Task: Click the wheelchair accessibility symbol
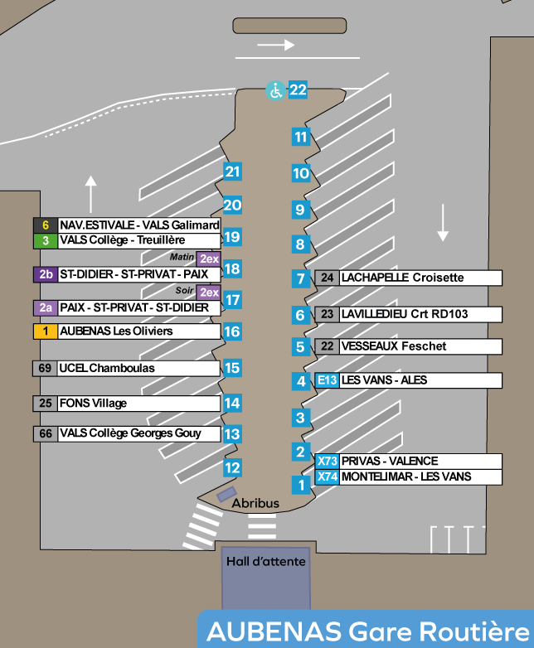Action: (274, 90)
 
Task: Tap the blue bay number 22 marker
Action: (299, 90)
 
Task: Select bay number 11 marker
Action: (300, 138)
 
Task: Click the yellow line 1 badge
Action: (45, 331)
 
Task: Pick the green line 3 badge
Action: (45, 240)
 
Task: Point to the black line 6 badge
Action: (45, 225)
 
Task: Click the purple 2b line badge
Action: (45, 273)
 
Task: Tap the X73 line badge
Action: (328, 462)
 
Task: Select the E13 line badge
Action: (328, 380)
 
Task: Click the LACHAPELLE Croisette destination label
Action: (402, 278)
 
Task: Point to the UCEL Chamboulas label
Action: (107, 368)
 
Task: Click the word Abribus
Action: (255, 503)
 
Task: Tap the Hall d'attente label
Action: (265, 562)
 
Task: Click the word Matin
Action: (182, 257)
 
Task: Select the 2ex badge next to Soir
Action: (209, 292)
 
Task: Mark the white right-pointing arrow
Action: (276, 46)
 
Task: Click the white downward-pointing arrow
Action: (443, 222)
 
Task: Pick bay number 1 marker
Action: (300, 484)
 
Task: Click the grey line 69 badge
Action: (45, 368)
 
